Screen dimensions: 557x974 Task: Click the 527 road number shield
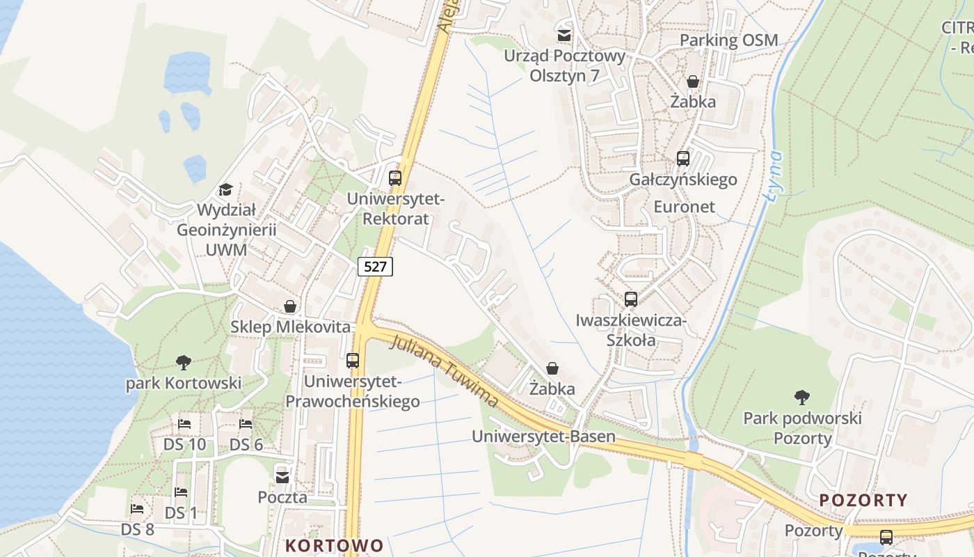376,266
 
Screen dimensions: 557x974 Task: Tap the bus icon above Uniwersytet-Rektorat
395,178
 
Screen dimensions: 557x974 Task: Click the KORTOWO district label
335,545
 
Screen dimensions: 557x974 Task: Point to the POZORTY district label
863,500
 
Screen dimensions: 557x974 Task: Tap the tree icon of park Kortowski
184,362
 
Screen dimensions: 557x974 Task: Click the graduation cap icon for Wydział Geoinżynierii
225,189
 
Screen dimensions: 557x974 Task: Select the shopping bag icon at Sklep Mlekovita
289,306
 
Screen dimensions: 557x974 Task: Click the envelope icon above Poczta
282,477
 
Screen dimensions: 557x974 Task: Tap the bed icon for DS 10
184,423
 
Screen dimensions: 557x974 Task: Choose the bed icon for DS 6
246,423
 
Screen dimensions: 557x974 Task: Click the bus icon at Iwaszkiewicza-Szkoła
631,299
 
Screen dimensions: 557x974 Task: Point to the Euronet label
684,207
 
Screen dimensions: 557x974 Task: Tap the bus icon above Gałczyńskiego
683,159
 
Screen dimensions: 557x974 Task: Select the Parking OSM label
728,40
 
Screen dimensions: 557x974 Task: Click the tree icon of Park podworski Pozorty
802,398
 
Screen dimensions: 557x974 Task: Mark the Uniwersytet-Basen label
543,437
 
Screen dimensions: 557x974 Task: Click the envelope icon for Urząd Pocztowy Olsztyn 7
564,34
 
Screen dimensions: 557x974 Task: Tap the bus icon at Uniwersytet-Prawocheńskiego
353,361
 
